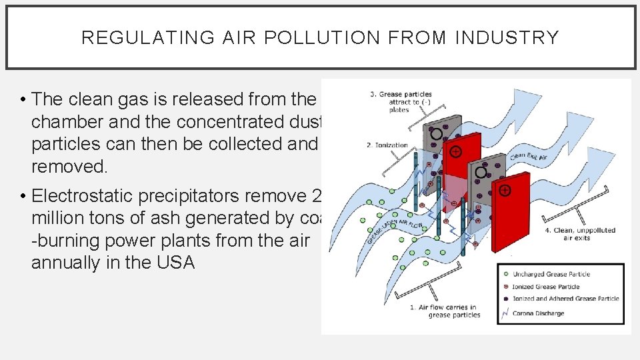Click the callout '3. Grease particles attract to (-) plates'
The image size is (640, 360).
coord(399,101)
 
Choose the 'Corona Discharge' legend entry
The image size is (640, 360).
coord(537,313)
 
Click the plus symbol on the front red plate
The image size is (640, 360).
coord(505,191)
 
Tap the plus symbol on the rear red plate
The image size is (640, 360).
coord(455,152)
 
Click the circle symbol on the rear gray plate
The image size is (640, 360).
coord(436,133)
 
